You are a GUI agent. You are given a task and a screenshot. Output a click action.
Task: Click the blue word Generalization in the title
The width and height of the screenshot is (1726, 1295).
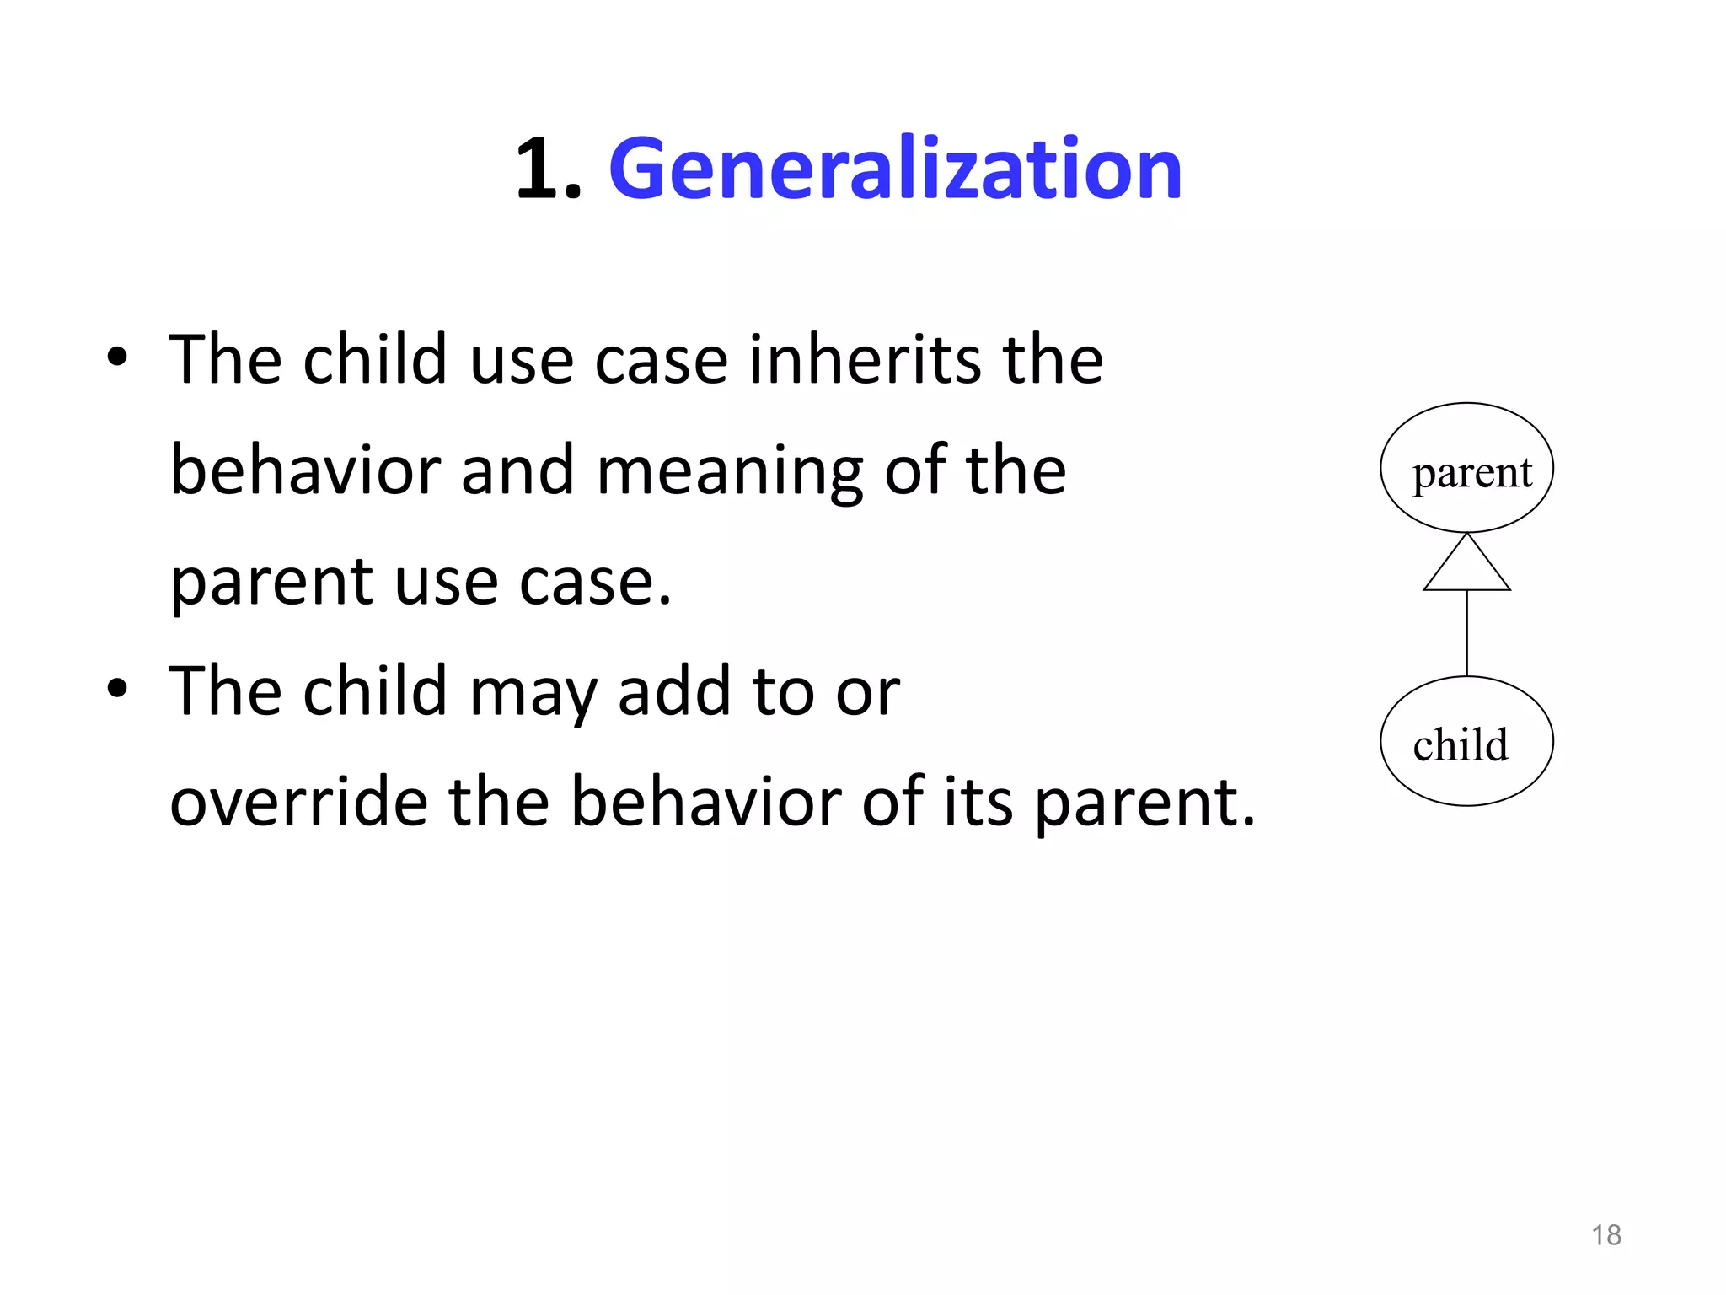(x=895, y=170)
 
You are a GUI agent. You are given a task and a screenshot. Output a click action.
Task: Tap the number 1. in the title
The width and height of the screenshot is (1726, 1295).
(x=549, y=170)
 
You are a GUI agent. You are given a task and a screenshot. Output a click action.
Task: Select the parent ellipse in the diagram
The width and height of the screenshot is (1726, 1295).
(x=1466, y=468)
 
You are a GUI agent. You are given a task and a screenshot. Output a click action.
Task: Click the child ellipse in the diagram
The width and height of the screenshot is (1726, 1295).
(x=1466, y=742)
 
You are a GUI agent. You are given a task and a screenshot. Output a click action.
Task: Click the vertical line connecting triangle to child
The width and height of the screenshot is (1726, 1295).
(x=1466, y=632)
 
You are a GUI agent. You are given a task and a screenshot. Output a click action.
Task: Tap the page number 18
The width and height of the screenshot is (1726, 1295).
(x=1605, y=1235)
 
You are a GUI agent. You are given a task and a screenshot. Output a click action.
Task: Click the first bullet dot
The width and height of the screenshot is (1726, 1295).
(x=117, y=357)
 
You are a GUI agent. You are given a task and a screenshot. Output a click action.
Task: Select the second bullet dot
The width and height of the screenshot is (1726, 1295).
(x=117, y=689)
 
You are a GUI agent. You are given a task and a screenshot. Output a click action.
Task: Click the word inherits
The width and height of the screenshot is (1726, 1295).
(x=853, y=360)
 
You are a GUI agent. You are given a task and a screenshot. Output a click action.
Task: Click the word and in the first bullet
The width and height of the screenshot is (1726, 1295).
(x=517, y=470)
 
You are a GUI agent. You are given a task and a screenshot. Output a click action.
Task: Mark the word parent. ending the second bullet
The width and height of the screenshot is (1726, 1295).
(x=1144, y=803)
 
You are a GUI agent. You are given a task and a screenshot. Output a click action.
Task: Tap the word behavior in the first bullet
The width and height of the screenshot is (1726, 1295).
(x=304, y=470)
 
